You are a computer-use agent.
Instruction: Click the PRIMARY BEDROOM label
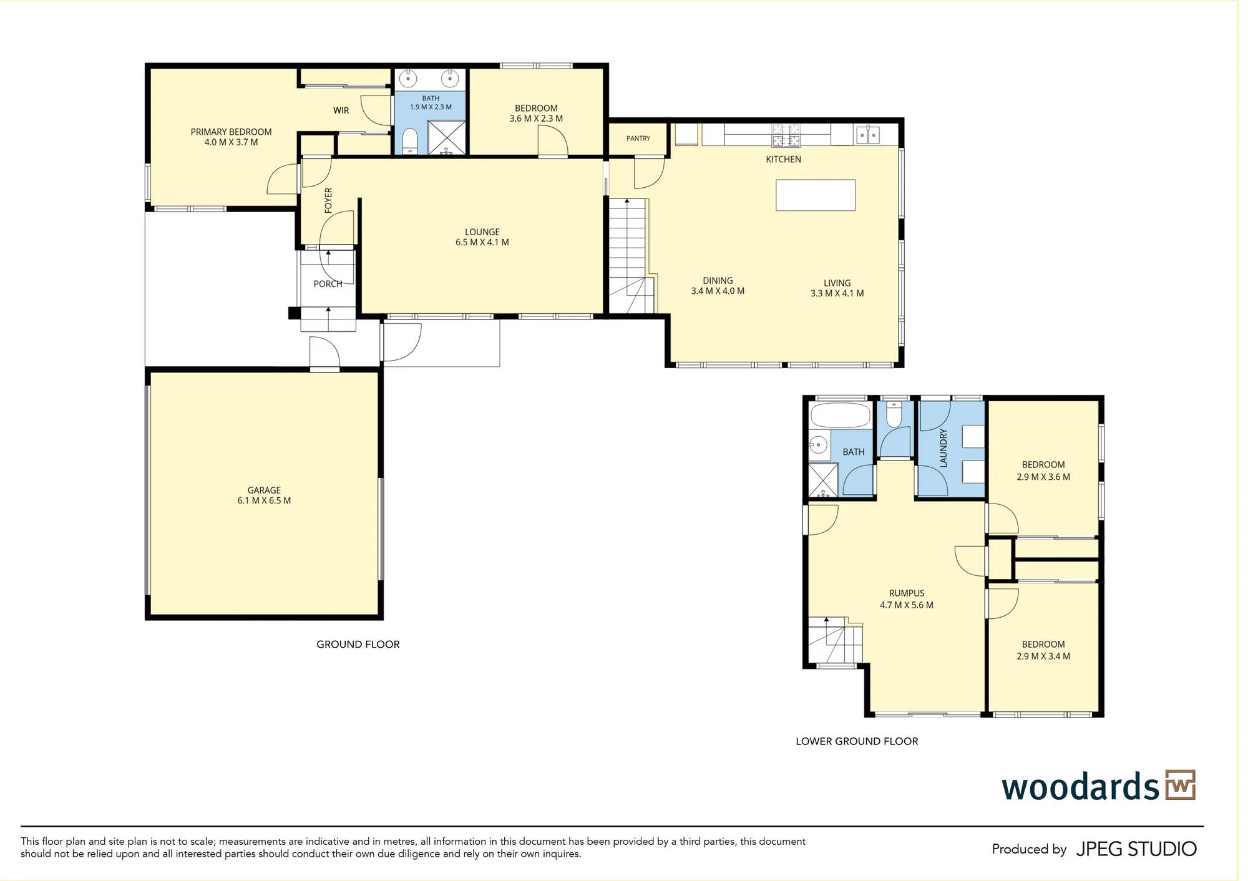(x=231, y=132)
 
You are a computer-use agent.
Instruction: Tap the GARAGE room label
(x=264, y=490)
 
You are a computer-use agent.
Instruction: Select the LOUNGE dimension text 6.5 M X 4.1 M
(x=482, y=242)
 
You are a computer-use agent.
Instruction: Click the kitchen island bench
(x=816, y=195)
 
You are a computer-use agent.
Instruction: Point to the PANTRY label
(x=638, y=139)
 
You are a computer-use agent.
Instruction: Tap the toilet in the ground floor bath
(x=410, y=140)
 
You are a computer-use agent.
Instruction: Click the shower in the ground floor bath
(x=446, y=137)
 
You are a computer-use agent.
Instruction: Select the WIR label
(x=341, y=110)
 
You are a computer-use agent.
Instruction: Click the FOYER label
(x=328, y=201)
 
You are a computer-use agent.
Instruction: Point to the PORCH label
(x=328, y=284)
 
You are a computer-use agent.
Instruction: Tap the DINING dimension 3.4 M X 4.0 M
(x=718, y=291)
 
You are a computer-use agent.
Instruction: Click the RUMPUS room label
(x=907, y=593)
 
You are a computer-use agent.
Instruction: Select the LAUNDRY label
(x=943, y=448)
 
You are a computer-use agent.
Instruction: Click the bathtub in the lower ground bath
(x=840, y=415)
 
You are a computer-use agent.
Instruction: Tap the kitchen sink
(x=868, y=134)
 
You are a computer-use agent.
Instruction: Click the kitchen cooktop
(x=786, y=135)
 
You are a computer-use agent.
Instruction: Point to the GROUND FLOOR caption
(x=358, y=645)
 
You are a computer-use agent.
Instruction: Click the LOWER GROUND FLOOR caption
(x=857, y=741)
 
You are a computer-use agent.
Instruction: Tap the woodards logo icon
(x=1180, y=785)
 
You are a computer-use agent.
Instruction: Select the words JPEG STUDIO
(x=1136, y=849)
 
